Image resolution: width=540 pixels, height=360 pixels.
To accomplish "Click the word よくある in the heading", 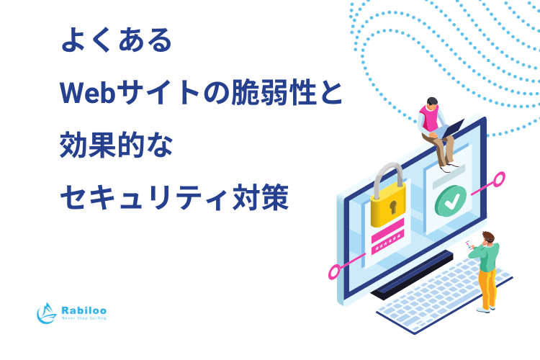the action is (117, 40).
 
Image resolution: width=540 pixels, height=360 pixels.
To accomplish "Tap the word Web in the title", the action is (87, 93).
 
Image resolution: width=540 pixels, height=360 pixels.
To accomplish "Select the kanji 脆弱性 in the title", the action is (274, 92).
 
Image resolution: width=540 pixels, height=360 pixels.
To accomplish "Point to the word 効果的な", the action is (116, 145).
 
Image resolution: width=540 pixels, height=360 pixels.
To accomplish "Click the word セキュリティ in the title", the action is (144, 198).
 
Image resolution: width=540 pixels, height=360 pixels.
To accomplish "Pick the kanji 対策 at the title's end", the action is (261, 197).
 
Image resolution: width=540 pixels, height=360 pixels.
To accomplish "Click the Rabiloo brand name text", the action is (84, 310).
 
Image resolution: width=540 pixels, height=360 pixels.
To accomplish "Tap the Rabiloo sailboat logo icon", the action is (47, 313).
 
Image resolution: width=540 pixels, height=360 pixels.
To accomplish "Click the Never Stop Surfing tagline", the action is (84, 318).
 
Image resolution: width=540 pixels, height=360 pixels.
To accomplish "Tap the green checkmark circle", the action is (451, 201).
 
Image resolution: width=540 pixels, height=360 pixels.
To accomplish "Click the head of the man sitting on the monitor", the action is (432, 104).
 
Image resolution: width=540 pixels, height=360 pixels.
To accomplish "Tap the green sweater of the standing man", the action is (485, 256).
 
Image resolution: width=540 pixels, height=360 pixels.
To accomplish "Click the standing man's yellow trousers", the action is (488, 289).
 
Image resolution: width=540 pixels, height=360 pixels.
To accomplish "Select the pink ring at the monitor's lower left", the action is (334, 272).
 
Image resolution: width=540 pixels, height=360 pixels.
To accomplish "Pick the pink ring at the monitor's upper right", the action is (499, 179).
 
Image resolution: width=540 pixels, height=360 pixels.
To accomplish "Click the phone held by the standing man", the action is (468, 245).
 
